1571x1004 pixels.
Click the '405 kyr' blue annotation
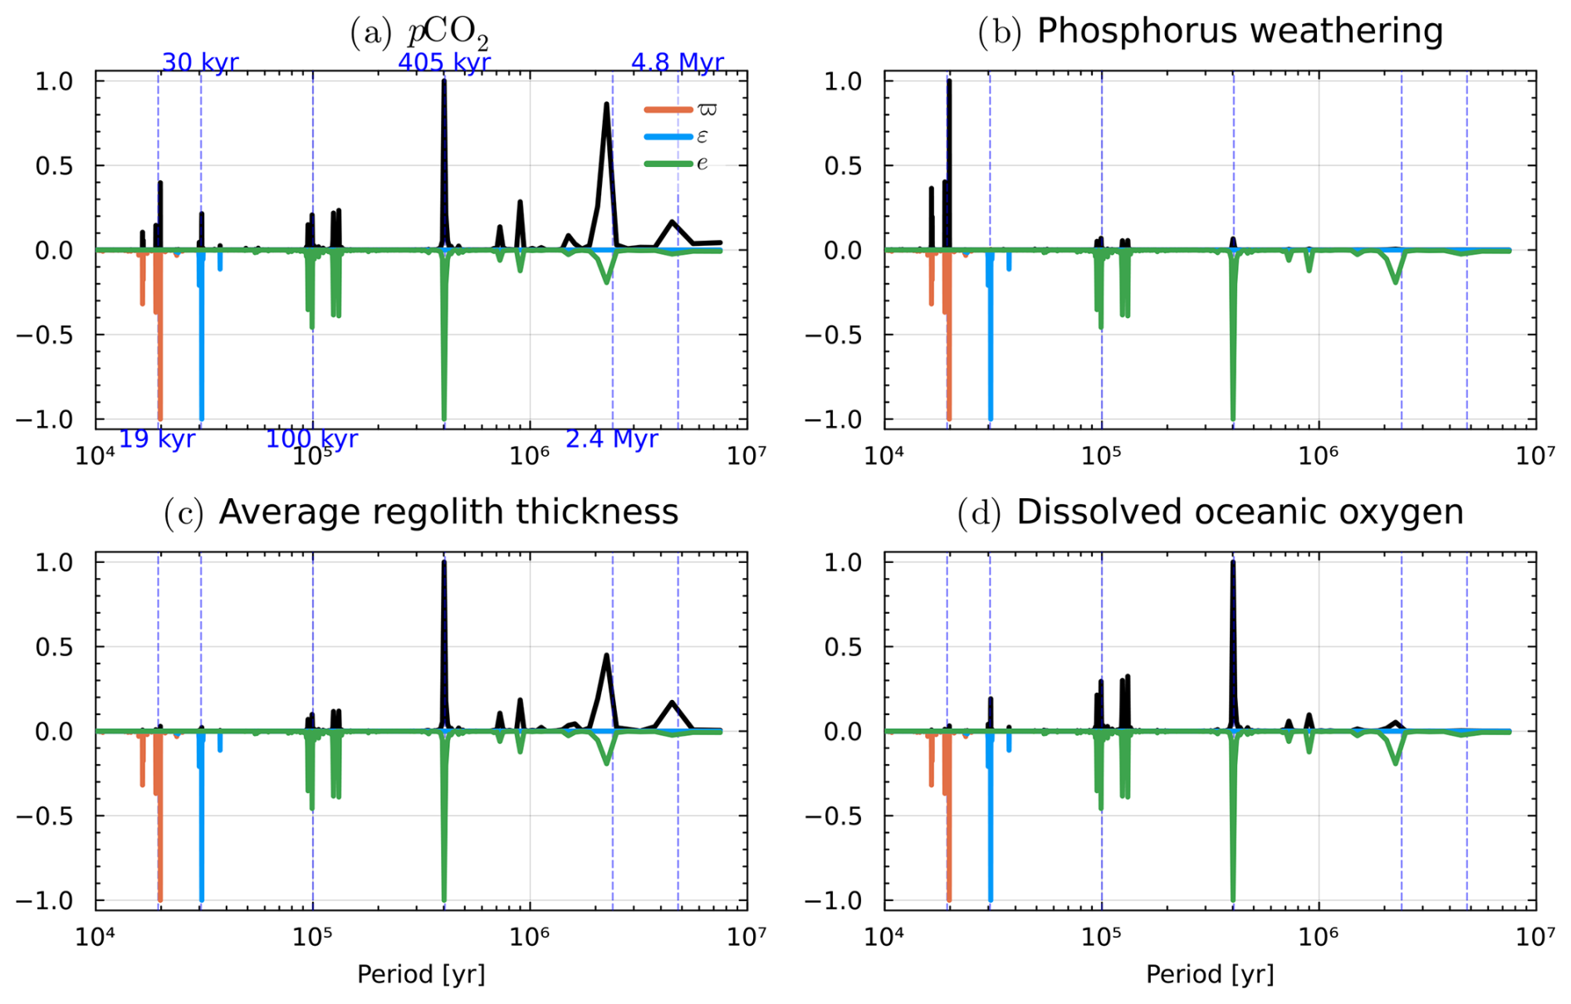pos(443,62)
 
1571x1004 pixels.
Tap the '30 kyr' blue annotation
pos(199,62)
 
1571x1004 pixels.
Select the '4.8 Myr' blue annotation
pos(677,62)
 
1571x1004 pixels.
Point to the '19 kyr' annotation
pos(156,439)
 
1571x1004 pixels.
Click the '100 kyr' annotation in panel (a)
pos(311,439)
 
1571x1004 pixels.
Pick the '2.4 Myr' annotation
pos(611,439)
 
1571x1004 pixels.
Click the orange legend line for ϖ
pos(668,110)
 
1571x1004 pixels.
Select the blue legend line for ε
pos(668,137)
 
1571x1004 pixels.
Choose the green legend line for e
pos(668,164)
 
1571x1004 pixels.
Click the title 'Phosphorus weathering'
pos(1240,32)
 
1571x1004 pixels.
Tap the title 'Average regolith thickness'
pos(448,512)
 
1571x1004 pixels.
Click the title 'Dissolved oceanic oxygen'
pos(1240,512)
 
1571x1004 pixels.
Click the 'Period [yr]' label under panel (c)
pos(421,974)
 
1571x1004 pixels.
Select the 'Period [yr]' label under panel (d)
pos(1210,974)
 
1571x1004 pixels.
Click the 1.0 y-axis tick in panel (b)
pos(843,81)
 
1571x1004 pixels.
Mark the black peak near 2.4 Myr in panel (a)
pos(607,105)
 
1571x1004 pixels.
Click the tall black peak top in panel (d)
pos(1233,563)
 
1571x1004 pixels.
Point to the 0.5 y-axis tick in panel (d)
pos(843,647)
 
